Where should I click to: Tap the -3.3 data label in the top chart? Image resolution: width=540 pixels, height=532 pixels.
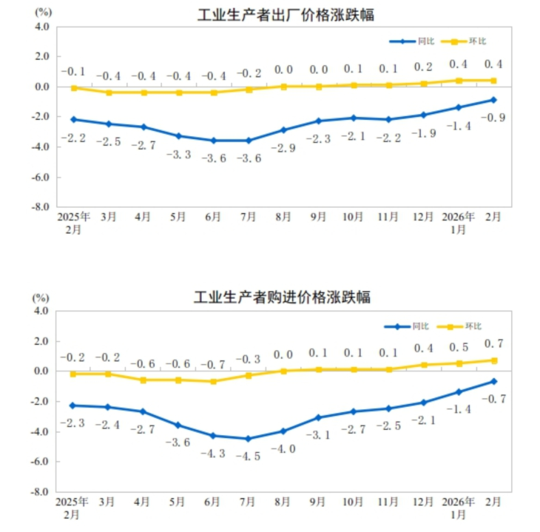coord(178,154)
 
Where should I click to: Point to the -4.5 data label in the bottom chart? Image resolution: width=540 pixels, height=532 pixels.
coord(248,457)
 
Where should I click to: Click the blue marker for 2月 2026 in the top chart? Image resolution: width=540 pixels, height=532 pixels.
coord(493,100)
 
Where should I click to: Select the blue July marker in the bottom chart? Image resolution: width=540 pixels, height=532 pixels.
coord(248,439)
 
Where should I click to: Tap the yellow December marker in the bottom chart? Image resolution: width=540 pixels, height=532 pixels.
coord(424,365)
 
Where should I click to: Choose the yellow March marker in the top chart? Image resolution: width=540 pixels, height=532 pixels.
coord(109,92)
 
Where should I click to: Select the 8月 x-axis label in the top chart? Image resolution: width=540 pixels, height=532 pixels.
coord(283,218)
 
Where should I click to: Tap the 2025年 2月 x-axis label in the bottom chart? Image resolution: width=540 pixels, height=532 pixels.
coord(73,508)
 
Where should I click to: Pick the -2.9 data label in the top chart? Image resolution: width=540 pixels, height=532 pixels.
coord(283,148)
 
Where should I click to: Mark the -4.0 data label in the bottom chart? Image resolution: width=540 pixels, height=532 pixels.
coord(283,448)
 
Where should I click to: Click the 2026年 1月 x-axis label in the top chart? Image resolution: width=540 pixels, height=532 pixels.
coord(459,223)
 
